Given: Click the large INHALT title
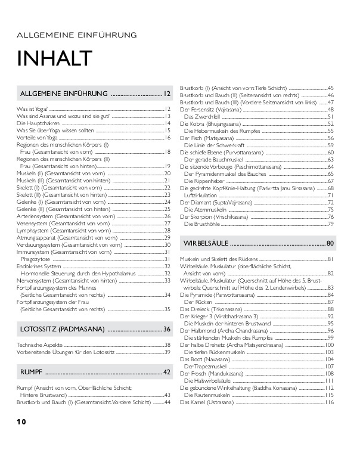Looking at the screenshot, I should (x=55, y=58).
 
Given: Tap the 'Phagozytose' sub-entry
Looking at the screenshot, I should (x=38, y=259).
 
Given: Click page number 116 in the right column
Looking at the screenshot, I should (x=328, y=402).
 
